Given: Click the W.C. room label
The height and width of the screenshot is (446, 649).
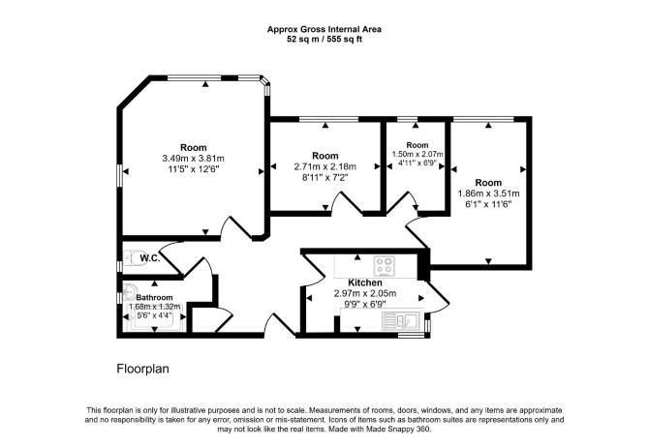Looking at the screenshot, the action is pos(150,258).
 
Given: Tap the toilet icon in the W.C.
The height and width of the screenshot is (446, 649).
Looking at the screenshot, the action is pos(132,258).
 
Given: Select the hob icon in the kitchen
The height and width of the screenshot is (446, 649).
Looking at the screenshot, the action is pos(385,266).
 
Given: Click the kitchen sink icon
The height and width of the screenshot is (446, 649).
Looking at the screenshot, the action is pos(401,321).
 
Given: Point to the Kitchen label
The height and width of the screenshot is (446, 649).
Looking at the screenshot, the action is pos(365,282).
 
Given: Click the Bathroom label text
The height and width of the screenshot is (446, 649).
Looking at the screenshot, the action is pos(154,297).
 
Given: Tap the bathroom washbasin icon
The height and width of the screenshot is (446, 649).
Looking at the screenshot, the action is pos(130,291).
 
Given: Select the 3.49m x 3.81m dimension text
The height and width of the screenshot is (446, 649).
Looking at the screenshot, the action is pos(194,158).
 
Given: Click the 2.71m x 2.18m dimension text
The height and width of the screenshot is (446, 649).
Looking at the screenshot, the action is pos(325,166).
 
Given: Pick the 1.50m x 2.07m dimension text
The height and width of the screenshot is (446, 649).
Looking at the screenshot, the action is pos(417,154).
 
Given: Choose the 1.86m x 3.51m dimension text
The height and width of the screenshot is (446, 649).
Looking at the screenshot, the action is pos(488,193).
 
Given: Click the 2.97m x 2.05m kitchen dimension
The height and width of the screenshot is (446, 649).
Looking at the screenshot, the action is pos(365,293).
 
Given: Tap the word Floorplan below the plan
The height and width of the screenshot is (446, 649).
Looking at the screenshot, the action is pos(142,369).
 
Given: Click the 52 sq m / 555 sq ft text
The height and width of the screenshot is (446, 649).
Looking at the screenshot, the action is pos(324,40).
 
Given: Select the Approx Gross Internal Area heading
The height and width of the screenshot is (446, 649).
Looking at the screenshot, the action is pos(324,29).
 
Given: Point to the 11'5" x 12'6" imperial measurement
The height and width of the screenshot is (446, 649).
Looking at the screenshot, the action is pos(194,168).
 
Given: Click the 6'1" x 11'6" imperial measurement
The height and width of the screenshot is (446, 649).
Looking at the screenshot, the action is pos(488,204).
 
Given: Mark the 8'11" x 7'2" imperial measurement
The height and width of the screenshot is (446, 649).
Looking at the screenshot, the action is pos(325,177).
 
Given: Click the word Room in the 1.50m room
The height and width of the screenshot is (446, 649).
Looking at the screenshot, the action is pos(417,145).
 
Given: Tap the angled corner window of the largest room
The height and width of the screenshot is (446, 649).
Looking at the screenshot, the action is pos(264,79).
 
